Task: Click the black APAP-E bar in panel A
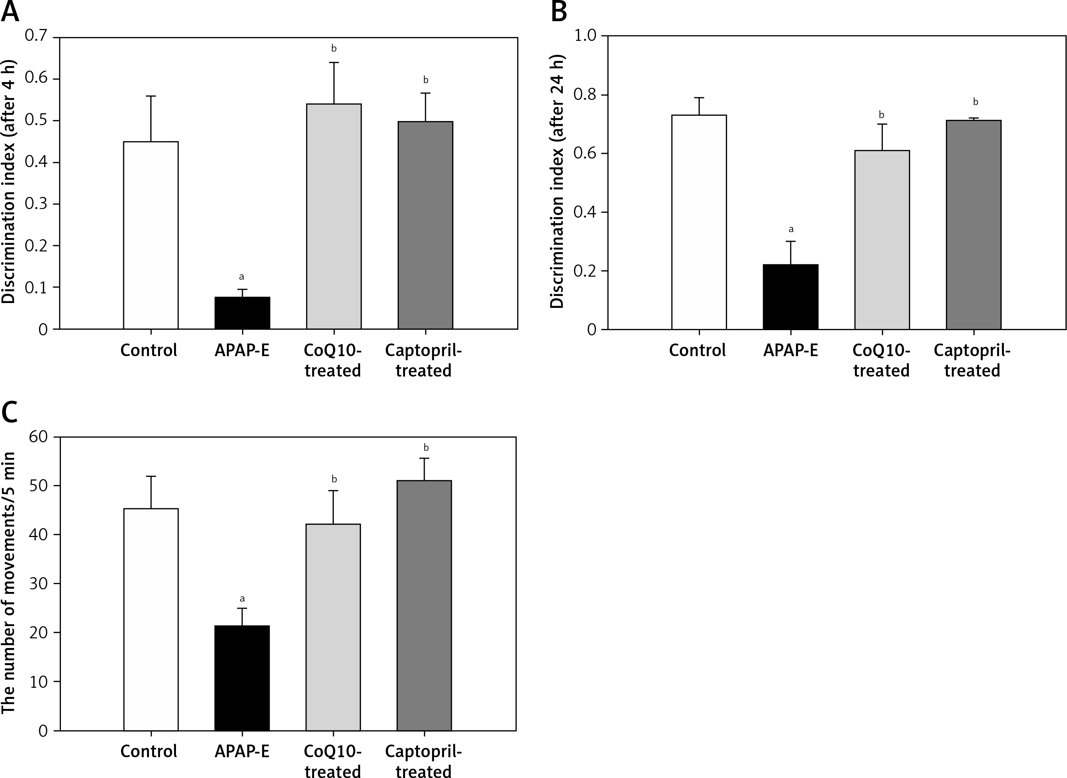pos(242,313)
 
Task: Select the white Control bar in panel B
pos(699,222)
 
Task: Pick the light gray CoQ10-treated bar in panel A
pos(334,216)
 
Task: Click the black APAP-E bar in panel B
pos(790,297)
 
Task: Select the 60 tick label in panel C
pos(39,437)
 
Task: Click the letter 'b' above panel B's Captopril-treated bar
pos(975,102)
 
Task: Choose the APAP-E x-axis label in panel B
pos(790,351)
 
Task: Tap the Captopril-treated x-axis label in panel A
pos(423,360)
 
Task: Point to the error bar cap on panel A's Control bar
pos(151,96)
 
